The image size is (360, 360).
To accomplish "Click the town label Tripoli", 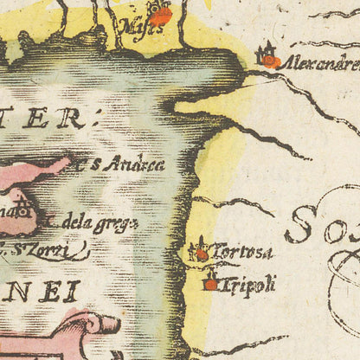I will coord(250,282).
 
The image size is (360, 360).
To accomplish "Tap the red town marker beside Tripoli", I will coord(211,282).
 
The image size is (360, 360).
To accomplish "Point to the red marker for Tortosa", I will coord(202,254).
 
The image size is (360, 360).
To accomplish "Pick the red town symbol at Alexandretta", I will coord(271,61).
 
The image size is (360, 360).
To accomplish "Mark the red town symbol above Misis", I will coord(160,15).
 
